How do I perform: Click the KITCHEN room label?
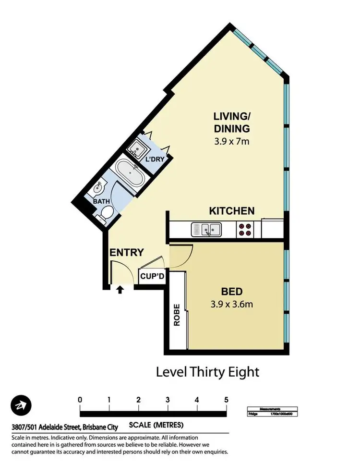231,211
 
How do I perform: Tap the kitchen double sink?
206,229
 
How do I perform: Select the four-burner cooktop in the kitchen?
245,230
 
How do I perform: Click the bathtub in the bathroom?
130,173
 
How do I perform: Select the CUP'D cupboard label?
152,277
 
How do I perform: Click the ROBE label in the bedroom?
177,315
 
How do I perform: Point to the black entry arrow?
120,289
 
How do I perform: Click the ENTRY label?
127,253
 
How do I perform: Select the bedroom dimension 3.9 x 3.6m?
231,304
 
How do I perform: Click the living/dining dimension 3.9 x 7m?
232,141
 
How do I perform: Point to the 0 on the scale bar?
80,400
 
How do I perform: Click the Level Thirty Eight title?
208,372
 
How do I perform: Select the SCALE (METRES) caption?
156,425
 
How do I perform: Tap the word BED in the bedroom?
231,292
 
